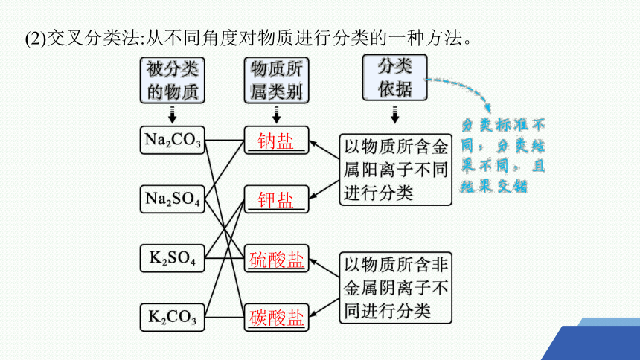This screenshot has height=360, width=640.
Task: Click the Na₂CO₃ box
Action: [172, 140]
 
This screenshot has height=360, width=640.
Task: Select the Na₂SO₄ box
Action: [172, 199]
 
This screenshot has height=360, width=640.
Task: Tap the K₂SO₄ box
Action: [172, 258]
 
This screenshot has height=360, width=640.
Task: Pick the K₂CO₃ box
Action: [172, 317]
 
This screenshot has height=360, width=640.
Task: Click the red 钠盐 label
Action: [276, 141]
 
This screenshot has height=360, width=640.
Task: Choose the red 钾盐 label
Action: [276, 200]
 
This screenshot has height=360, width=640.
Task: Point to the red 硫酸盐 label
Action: [276, 260]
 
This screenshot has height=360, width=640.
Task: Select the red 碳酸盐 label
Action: [276, 318]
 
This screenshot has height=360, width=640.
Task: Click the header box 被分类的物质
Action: [172, 80]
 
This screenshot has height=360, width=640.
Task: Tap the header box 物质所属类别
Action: [276, 80]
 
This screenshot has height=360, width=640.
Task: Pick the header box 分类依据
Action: [394, 77]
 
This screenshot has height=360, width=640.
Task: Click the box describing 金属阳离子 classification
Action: [395, 170]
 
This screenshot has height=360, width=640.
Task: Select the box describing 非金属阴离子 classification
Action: [395, 288]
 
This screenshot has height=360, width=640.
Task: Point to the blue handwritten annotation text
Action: [503, 155]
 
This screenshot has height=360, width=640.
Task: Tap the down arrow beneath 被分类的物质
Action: [172, 115]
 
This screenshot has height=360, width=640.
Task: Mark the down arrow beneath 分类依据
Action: [394, 115]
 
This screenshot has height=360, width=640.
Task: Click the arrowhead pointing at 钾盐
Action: [313, 196]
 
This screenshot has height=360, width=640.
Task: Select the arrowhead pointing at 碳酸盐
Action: [313, 314]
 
